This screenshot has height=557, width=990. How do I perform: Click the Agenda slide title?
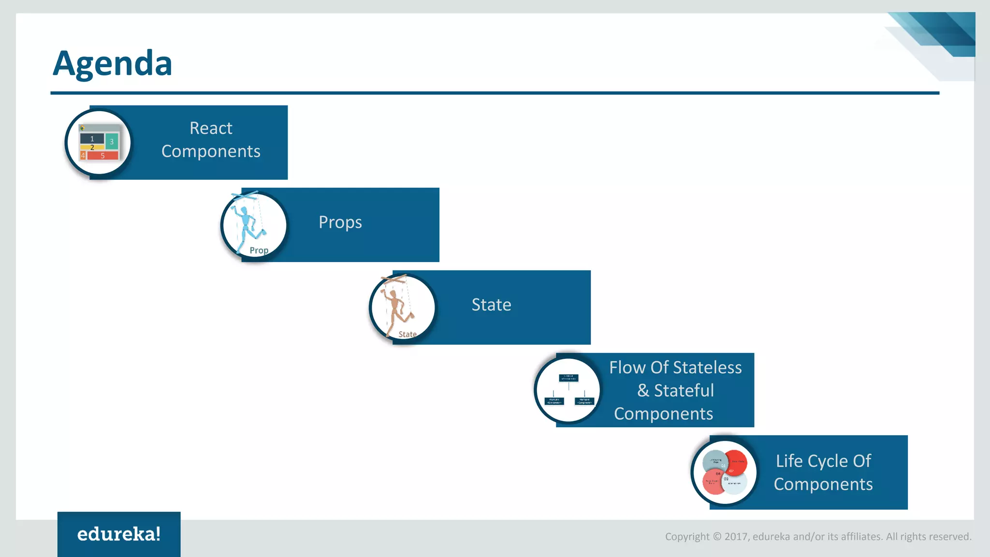point(112,63)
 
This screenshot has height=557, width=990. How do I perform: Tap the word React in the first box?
point(211,128)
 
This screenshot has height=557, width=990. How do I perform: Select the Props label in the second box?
point(340,222)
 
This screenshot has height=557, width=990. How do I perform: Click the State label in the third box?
point(491,305)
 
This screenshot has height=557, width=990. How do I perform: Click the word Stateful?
point(684,391)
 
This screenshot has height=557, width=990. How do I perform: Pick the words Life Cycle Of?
point(823,461)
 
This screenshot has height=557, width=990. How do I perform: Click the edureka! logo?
point(119,534)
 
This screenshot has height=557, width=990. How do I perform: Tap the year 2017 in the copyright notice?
point(736,537)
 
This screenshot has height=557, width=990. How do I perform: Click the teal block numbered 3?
point(112,142)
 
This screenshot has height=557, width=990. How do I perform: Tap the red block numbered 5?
point(102,156)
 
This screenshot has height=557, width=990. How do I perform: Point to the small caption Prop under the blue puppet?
point(259,250)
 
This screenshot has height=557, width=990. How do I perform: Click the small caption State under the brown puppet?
point(408,334)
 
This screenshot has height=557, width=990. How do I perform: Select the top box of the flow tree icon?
point(568,378)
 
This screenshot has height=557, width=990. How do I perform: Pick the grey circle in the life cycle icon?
point(715,462)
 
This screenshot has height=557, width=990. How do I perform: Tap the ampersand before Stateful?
point(643,391)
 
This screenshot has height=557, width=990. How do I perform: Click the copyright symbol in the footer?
point(717,537)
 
